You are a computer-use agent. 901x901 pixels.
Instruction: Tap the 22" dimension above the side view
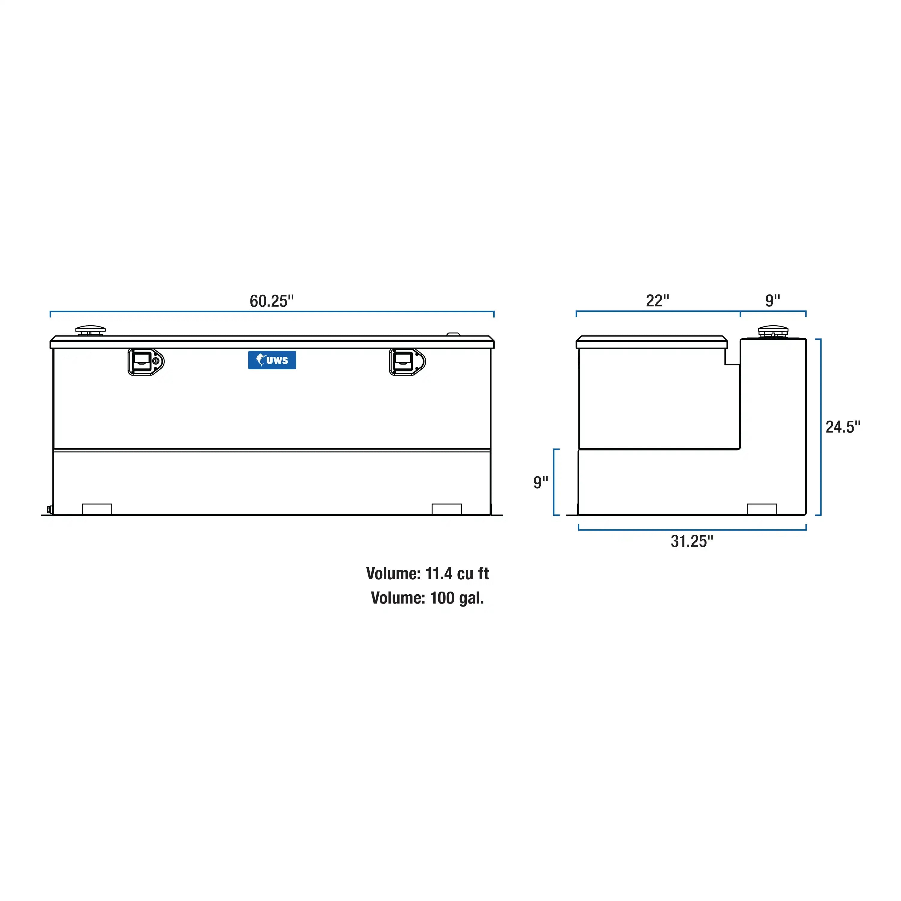pyautogui.click(x=657, y=301)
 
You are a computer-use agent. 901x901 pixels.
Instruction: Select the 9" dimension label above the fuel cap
pyautogui.click(x=772, y=301)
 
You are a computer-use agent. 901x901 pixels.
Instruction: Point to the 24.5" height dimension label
pyautogui.click(x=843, y=427)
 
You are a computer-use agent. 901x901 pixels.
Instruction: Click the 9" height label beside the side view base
pyautogui.click(x=540, y=482)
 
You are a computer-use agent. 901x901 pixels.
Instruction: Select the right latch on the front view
pyautogui.click(x=407, y=362)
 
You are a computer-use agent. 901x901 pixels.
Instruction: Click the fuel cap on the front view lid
pyautogui.click(x=90, y=330)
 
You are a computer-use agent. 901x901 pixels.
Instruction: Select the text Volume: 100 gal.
pyautogui.click(x=427, y=598)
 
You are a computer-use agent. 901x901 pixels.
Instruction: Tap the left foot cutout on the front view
pyautogui.click(x=97, y=509)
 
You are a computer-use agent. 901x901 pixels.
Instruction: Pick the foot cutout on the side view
pyautogui.click(x=761, y=509)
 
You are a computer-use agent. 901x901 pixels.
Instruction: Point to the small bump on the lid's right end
pyautogui.click(x=453, y=334)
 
